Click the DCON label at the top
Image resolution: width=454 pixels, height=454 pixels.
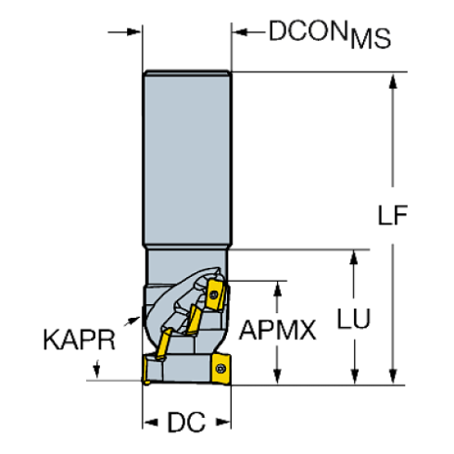[x=308, y=31]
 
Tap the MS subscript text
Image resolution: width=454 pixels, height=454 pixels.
[x=371, y=39]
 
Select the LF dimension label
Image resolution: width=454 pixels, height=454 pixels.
[x=393, y=215]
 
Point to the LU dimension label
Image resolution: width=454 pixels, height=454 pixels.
[x=354, y=319]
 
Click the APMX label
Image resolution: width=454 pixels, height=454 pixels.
[x=277, y=330]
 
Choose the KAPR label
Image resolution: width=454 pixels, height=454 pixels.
[x=79, y=339]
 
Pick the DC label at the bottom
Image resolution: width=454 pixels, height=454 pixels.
[x=186, y=422]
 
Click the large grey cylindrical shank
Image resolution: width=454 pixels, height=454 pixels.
[x=187, y=158]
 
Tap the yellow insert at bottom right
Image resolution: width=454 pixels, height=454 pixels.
[x=221, y=369]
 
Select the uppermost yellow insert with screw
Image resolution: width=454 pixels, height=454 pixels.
[x=215, y=294]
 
